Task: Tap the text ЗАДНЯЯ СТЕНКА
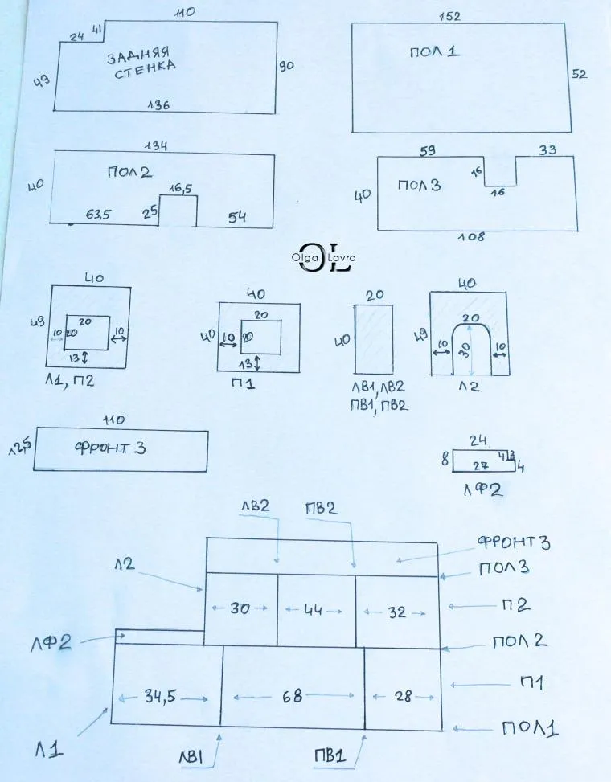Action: point(141,63)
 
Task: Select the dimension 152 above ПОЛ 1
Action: point(449,16)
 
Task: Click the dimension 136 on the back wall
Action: point(158,104)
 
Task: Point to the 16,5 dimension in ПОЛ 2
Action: point(180,188)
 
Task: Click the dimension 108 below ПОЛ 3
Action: point(471,237)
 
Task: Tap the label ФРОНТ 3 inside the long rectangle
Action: point(110,448)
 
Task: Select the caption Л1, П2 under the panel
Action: point(69,381)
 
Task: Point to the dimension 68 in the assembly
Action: point(293,696)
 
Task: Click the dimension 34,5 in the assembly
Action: point(160,696)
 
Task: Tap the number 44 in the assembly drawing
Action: point(313,609)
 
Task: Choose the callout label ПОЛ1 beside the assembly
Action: point(530,728)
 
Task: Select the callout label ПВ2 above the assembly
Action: point(322,508)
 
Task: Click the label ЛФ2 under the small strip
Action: point(482,490)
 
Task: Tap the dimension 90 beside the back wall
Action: point(286,65)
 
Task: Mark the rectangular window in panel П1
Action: point(260,337)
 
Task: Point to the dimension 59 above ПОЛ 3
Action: point(428,150)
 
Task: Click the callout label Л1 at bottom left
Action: point(49,750)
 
